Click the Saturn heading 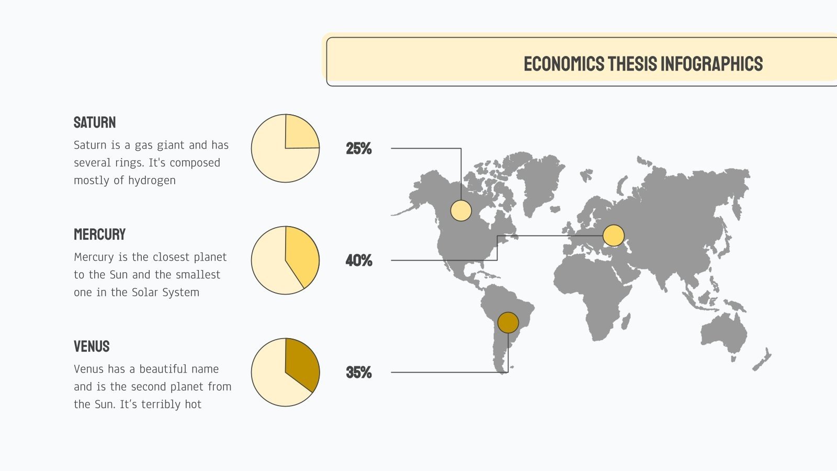click(95, 122)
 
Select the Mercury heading click(99, 234)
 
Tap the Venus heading click(92, 346)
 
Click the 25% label click(359, 149)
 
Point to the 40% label click(359, 261)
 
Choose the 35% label click(359, 373)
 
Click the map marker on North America click(461, 210)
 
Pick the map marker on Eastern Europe click(613, 235)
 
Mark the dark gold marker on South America click(508, 322)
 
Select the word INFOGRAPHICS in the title click(711, 64)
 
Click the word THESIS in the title click(632, 64)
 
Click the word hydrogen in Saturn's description click(152, 181)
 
